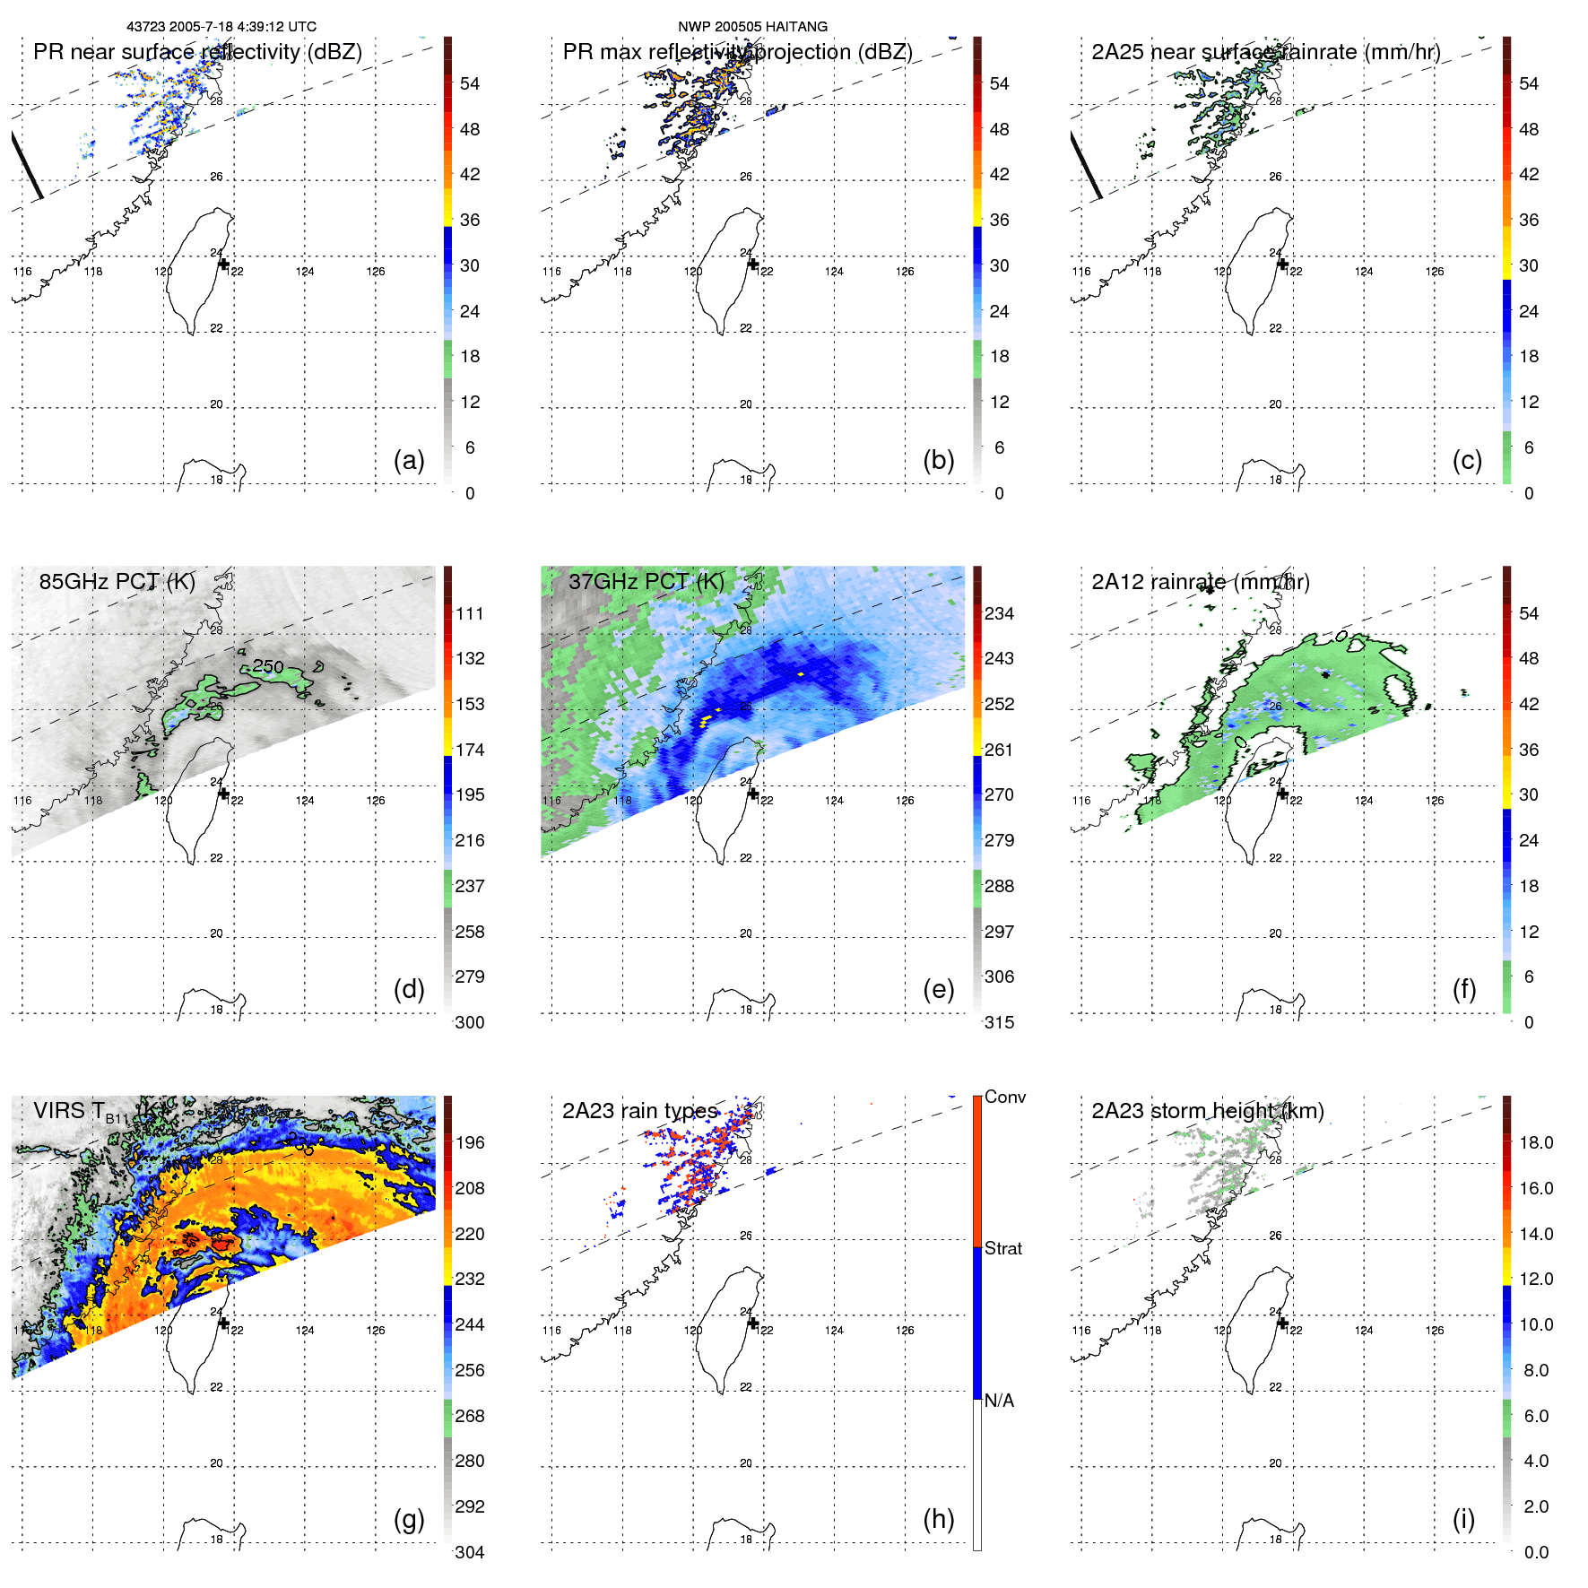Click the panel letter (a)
pyautogui.click(x=409, y=460)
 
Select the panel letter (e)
pyautogui.click(x=938, y=989)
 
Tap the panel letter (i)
pyautogui.click(x=1463, y=1519)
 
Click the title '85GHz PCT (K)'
pyautogui.click(x=117, y=581)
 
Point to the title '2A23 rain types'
pyautogui.click(x=640, y=1111)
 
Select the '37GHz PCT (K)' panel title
pyautogui.click(x=646, y=581)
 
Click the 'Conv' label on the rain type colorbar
pyautogui.click(x=1004, y=1097)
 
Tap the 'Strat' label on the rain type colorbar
pyautogui.click(x=1002, y=1248)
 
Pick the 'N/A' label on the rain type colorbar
pyautogui.click(x=999, y=1401)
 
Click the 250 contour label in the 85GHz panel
pyautogui.click(x=267, y=666)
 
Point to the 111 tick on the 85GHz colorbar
pyautogui.click(x=470, y=613)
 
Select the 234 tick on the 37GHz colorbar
pyautogui.click(x=999, y=613)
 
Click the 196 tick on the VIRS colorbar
pyautogui.click(x=470, y=1142)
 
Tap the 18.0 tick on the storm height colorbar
pyautogui.click(x=1536, y=1142)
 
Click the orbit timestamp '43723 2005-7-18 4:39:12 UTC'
pyautogui.click(x=221, y=27)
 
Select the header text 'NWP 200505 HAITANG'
pyautogui.click(x=752, y=27)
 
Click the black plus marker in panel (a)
pyautogui.click(x=223, y=265)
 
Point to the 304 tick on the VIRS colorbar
pyautogui.click(x=470, y=1552)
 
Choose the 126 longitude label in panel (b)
pyautogui.click(x=905, y=272)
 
